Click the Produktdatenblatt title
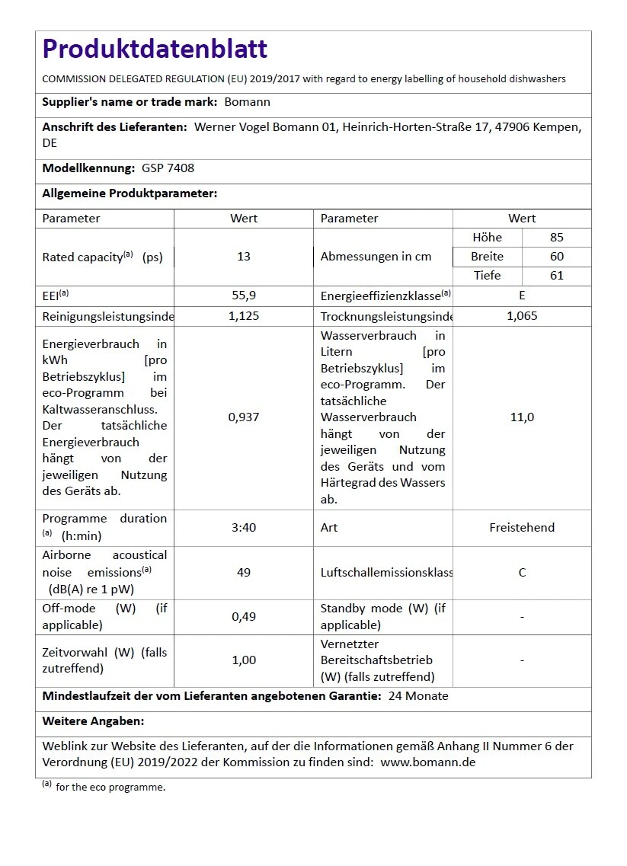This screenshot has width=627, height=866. pos(155,49)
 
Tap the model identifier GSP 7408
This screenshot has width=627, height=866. pos(168,168)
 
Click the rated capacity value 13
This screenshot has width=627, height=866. pos(244,257)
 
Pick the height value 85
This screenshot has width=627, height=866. pos(557,237)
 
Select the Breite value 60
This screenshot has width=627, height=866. pos(557,257)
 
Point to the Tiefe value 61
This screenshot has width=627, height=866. pos(557,276)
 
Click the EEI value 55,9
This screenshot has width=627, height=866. pos(244,296)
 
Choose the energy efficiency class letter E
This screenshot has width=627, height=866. pos(522,296)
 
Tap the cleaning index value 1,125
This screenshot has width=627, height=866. pos(244,315)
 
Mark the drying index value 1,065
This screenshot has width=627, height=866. pos(522,315)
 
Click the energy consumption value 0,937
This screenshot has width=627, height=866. pos(244,417)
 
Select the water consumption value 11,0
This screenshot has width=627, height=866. pos(522,417)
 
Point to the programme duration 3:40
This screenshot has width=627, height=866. pos(244,527)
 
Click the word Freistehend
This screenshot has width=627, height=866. pos(522,527)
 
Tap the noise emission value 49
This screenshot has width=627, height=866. pos(244,572)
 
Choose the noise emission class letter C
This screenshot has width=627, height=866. pos(522,572)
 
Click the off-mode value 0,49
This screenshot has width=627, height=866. pos(244,616)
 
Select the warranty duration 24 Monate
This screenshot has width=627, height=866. pos(418,695)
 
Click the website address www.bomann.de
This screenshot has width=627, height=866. pos(427,762)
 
